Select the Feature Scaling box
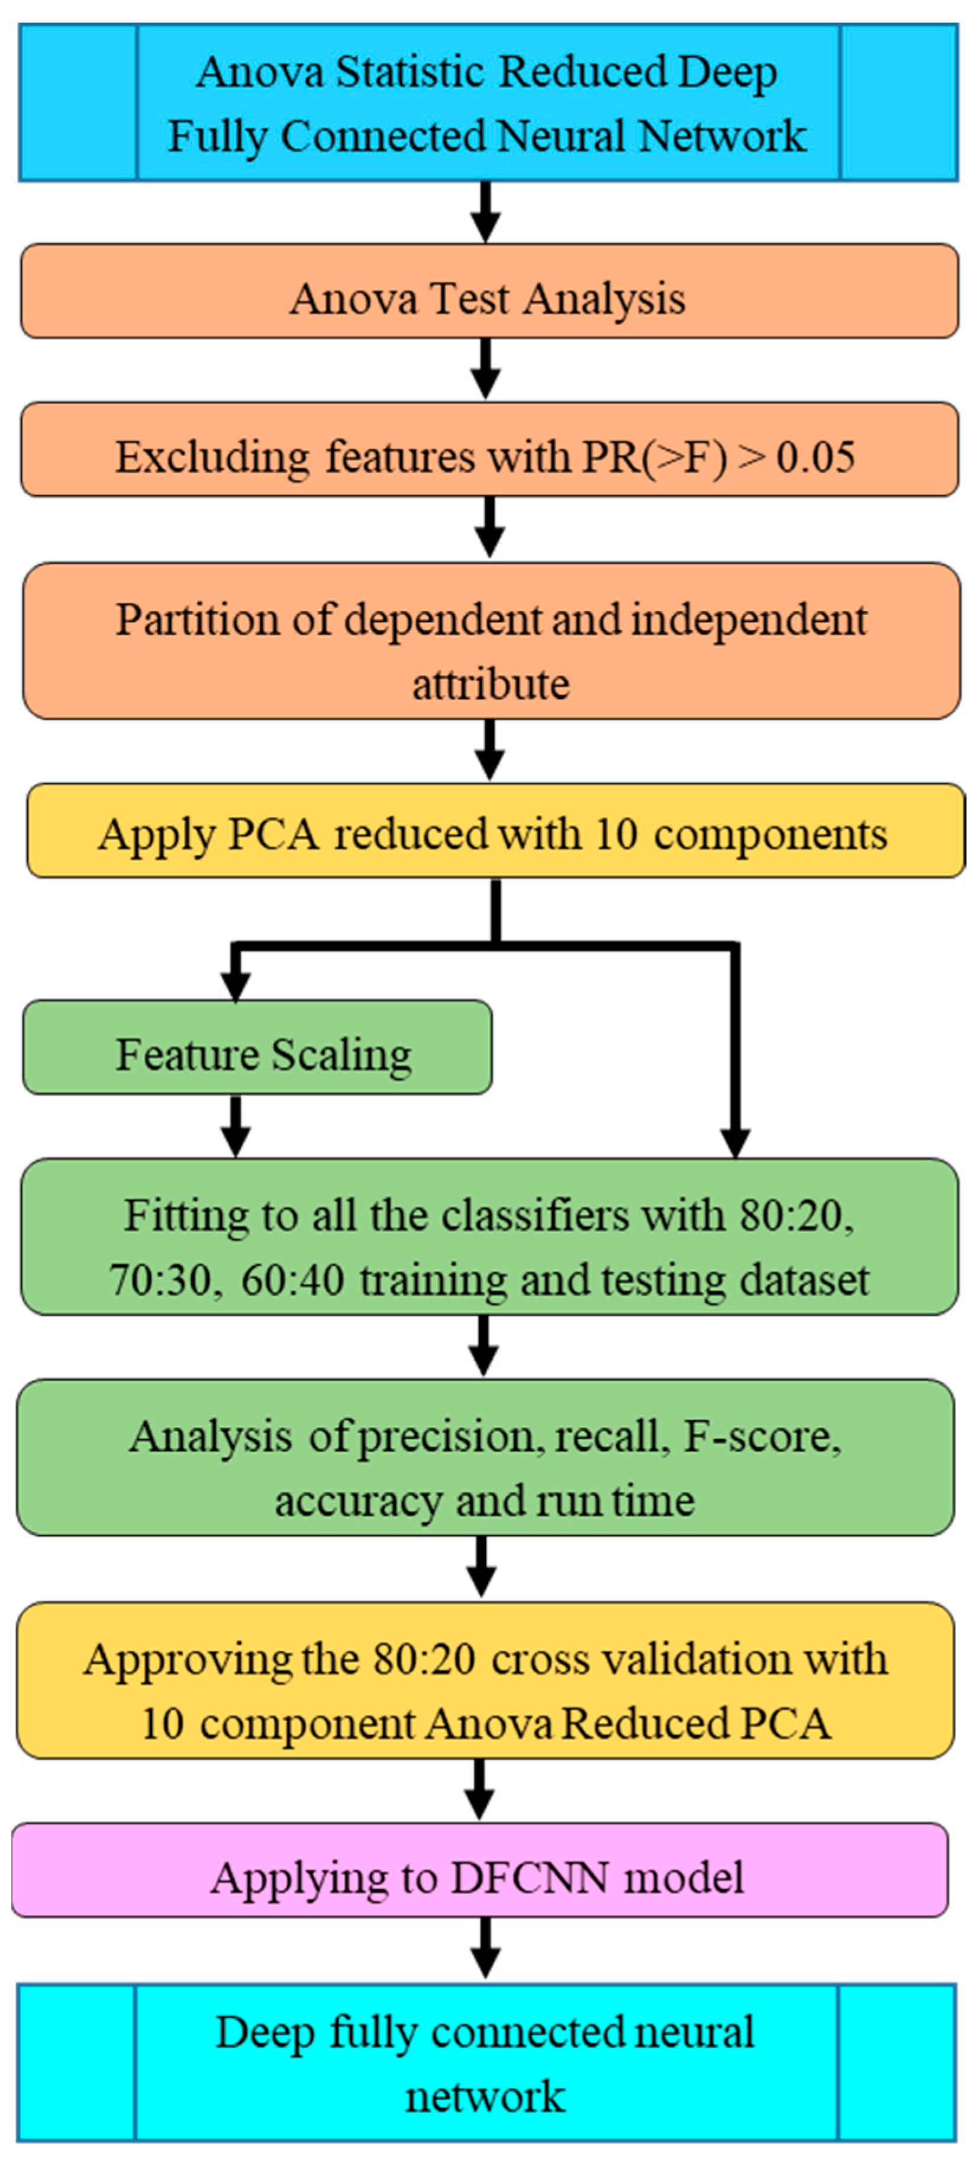point(257,1047)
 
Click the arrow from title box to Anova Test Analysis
point(485,212)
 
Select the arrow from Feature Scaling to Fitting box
point(236,1127)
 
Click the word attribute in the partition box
point(491,684)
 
